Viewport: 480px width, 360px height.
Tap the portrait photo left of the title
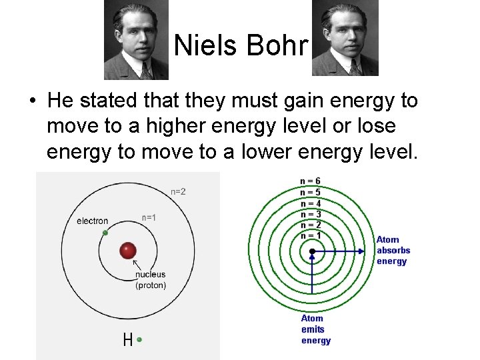[x=137, y=39]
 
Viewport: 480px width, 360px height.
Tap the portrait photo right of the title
[x=345, y=38]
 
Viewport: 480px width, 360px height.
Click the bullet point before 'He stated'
[x=32, y=102]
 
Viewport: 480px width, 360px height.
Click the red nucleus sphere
[x=127, y=251]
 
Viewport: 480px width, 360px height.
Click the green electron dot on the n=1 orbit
[x=105, y=233]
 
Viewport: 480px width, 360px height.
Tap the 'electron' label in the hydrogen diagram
[x=92, y=221]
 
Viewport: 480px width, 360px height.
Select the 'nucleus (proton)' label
[x=151, y=279]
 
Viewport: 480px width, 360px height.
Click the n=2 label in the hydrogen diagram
[x=178, y=192]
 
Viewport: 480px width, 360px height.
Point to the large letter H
[x=127, y=340]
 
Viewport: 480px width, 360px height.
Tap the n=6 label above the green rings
[x=311, y=181]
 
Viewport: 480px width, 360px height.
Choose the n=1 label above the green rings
[x=311, y=235]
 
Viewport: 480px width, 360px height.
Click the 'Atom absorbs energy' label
[x=393, y=251]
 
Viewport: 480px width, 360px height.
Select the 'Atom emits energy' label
[x=316, y=330]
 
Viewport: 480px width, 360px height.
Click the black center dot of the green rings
[x=312, y=251]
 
